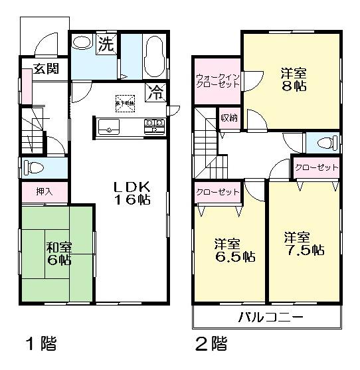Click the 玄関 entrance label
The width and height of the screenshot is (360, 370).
[x=45, y=68]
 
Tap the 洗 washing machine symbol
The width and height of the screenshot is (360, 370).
[x=106, y=45]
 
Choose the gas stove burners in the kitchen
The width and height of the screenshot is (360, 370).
[x=154, y=125]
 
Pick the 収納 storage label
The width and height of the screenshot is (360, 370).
[x=228, y=118]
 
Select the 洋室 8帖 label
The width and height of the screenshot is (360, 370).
[x=292, y=80]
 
